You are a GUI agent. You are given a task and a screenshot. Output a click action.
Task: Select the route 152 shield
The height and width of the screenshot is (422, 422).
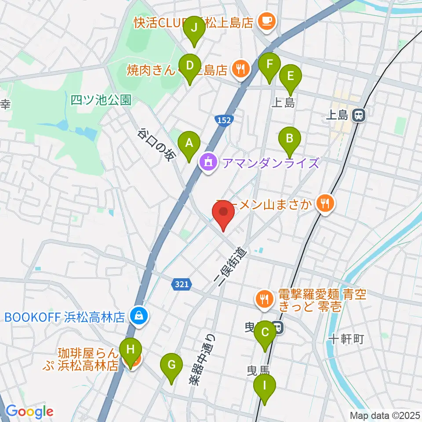coord(224,120)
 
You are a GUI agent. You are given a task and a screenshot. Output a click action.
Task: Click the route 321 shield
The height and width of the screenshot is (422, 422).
coord(182,284)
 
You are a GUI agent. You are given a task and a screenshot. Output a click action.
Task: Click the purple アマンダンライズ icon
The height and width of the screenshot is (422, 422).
coord(207,163)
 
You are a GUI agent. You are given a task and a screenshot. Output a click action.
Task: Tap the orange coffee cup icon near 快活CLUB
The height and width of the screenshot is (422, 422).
coord(266,20)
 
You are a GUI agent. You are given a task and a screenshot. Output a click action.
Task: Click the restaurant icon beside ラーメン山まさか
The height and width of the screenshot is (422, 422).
coord(326,203)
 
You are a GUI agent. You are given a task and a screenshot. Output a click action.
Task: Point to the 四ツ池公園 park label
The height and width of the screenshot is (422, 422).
coord(101,100)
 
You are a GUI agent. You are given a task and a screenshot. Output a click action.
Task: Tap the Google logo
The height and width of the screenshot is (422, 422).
coord(29,411)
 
